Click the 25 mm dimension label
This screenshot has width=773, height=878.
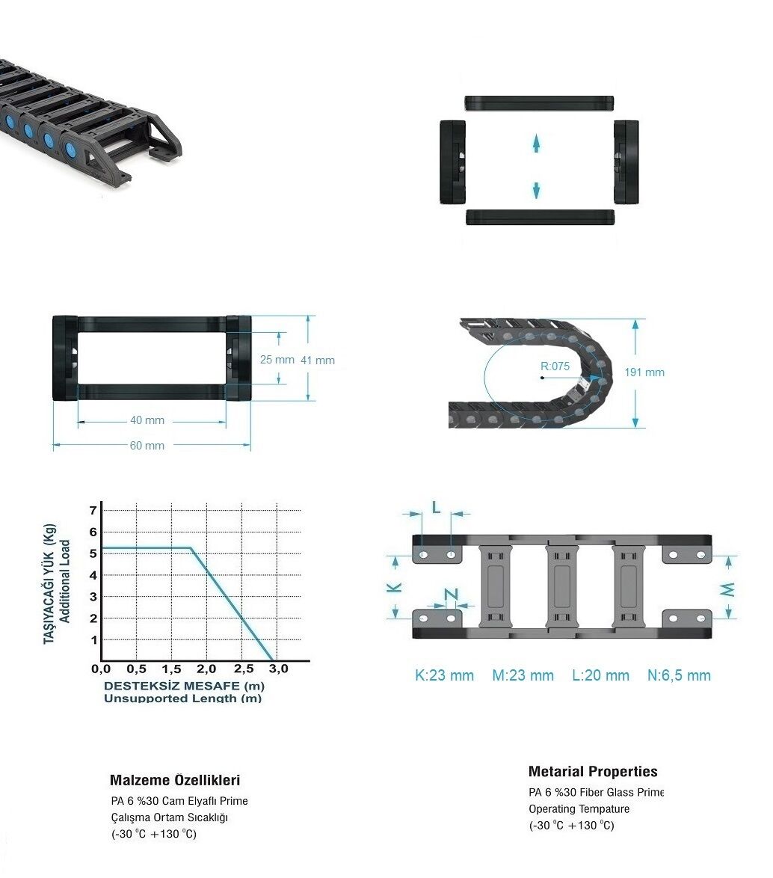pyautogui.click(x=277, y=360)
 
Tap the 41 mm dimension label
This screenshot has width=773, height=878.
pyautogui.click(x=318, y=360)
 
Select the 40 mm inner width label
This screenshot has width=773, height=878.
pyautogui.click(x=147, y=420)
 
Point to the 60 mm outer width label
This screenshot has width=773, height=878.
pyautogui.click(x=147, y=446)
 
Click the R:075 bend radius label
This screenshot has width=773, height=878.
pyautogui.click(x=555, y=366)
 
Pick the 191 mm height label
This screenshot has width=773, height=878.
pyautogui.click(x=644, y=372)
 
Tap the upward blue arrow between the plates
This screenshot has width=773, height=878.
pyautogui.click(x=536, y=144)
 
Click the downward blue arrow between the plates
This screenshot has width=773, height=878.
pyautogui.click(x=536, y=191)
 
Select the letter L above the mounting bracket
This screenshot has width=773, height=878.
pyautogui.click(x=437, y=508)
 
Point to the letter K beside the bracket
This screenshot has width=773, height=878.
pyautogui.click(x=395, y=587)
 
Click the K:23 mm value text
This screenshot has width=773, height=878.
pyautogui.click(x=444, y=675)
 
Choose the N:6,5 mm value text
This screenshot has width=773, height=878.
pyautogui.click(x=679, y=675)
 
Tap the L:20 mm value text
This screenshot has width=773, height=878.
pyautogui.click(x=600, y=675)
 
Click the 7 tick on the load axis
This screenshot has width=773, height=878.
pyautogui.click(x=93, y=510)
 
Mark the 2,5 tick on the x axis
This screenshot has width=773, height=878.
pyautogui.click(x=244, y=669)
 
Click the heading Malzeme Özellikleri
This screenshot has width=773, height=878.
pyautogui.click(x=175, y=780)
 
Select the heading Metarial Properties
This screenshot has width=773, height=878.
pyautogui.click(x=593, y=772)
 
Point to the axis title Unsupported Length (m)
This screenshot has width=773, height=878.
pyautogui.click(x=183, y=699)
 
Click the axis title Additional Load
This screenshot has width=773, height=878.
pyautogui.click(x=65, y=580)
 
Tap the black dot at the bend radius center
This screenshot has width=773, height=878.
pyautogui.click(x=542, y=378)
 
